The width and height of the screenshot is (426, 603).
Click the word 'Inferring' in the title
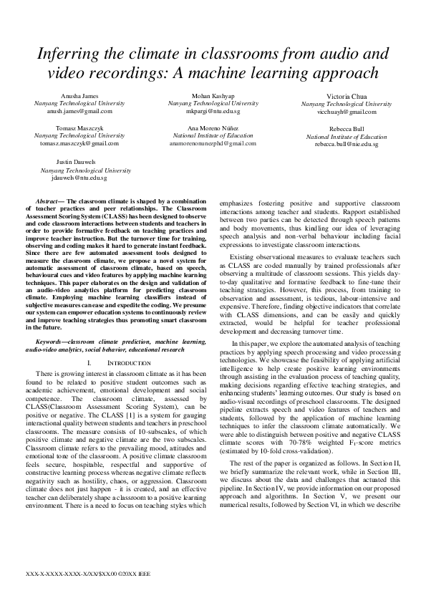click(x=75, y=54)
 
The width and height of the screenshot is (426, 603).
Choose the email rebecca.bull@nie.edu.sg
click(x=347, y=144)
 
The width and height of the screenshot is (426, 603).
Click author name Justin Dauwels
click(x=76, y=163)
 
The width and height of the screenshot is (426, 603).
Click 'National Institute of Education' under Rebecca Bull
click(x=347, y=136)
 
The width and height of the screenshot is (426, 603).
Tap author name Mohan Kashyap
click(x=213, y=96)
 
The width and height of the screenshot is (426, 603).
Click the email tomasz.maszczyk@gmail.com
click(x=79, y=143)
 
